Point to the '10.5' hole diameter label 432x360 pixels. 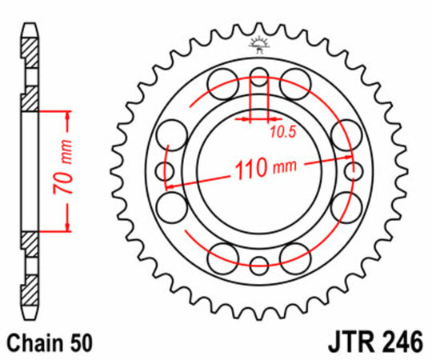[x=282, y=132]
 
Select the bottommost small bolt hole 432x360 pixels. [x=258, y=265]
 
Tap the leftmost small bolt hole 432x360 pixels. [x=166, y=170]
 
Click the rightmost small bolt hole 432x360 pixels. [x=351, y=170]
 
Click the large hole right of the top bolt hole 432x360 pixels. [x=295, y=80]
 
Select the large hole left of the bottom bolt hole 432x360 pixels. [x=223, y=254]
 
